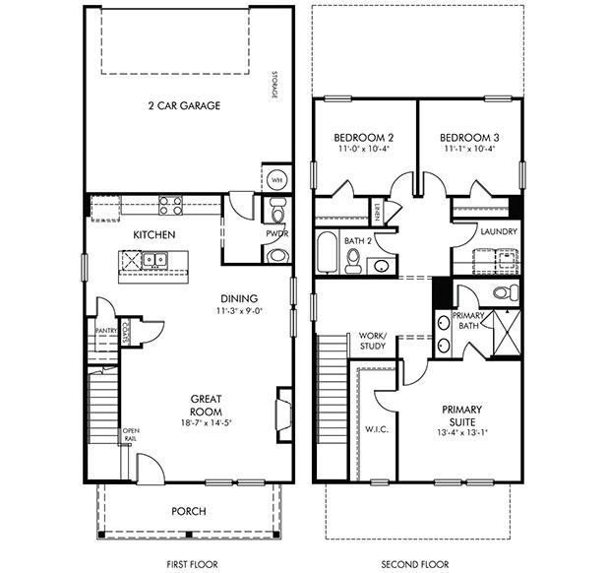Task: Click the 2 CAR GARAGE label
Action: pyautogui.click(x=184, y=105)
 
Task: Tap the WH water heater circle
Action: pyautogui.click(x=275, y=180)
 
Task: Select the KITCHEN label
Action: pyautogui.click(x=154, y=234)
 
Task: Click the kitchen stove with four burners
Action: pyautogui.click(x=171, y=206)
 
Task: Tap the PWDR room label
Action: pyautogui.click(x=275, y=234)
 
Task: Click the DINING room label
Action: pyautogui.click(x=239, y=298)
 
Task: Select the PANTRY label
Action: pyautogui.click(x=105, y=331)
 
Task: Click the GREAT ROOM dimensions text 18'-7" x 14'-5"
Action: pyautogui.click(x=207, y=422)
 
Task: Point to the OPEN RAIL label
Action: pyautogui.click(x=130, y=434)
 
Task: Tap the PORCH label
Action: pyautogui.click(x=189, y=512)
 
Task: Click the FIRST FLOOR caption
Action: pyautogui.click(x=184, y=565)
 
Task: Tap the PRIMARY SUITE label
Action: pyautogui.click(x=461, y=414)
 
